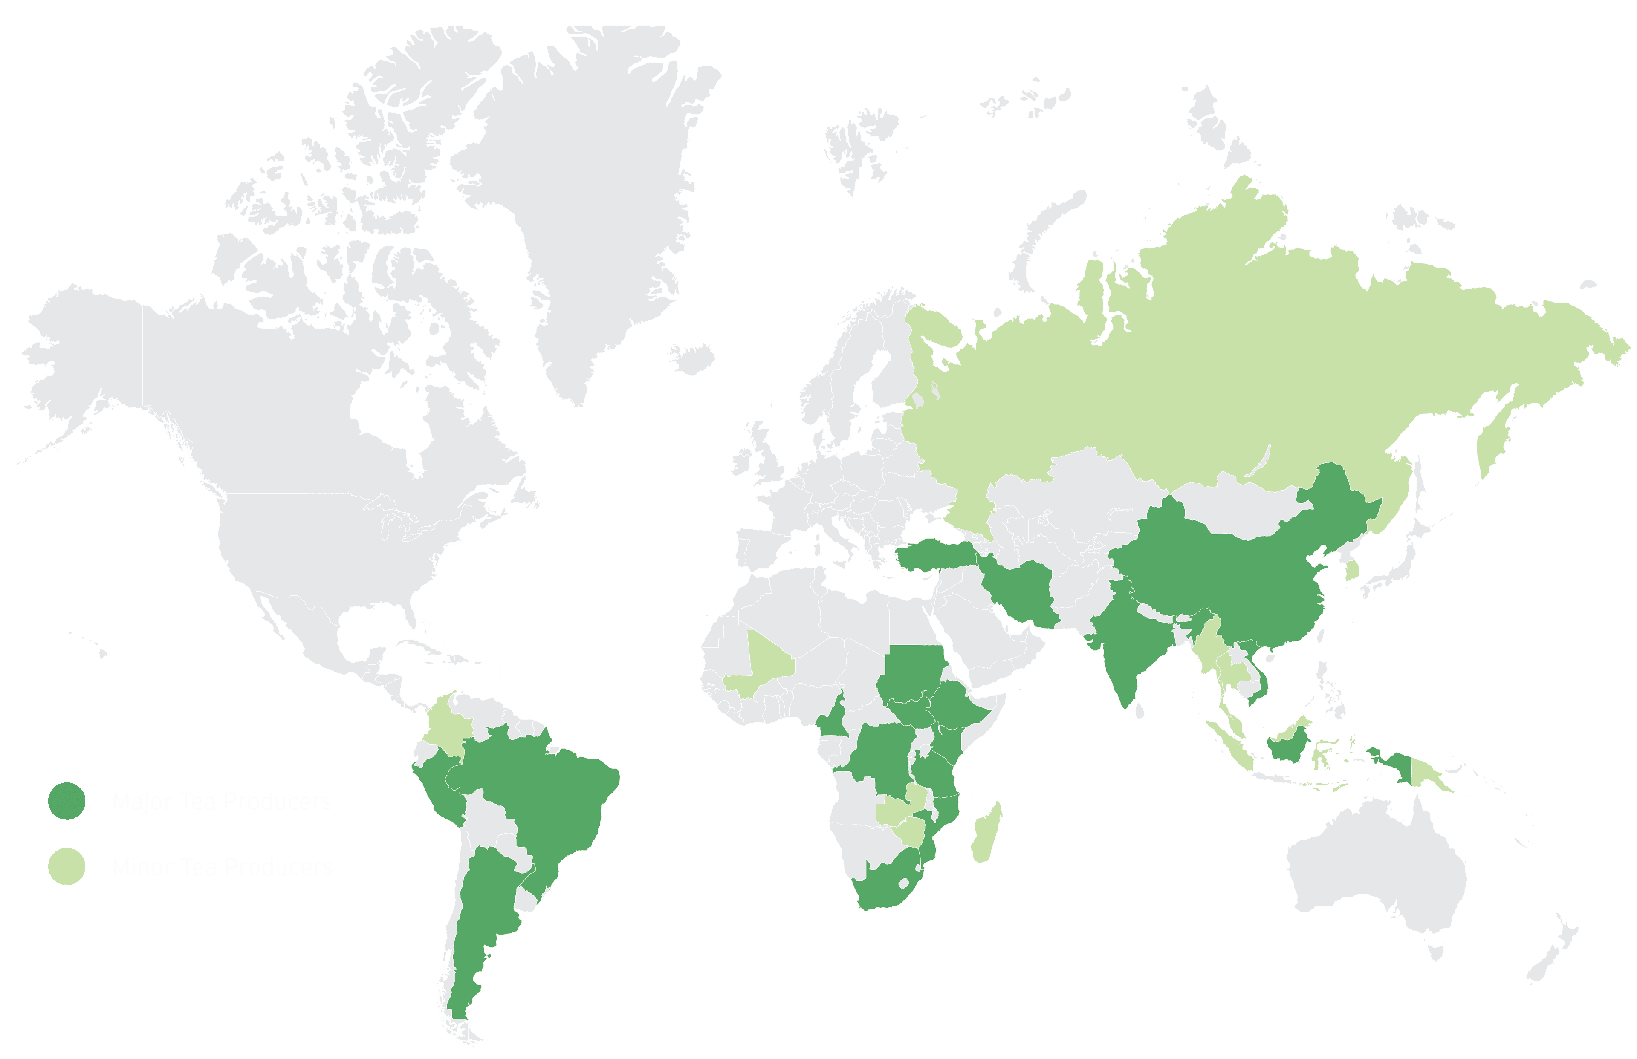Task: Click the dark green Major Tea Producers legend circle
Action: (67, 801)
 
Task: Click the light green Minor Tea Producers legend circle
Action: (67, 866)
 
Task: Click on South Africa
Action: (887, 887)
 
